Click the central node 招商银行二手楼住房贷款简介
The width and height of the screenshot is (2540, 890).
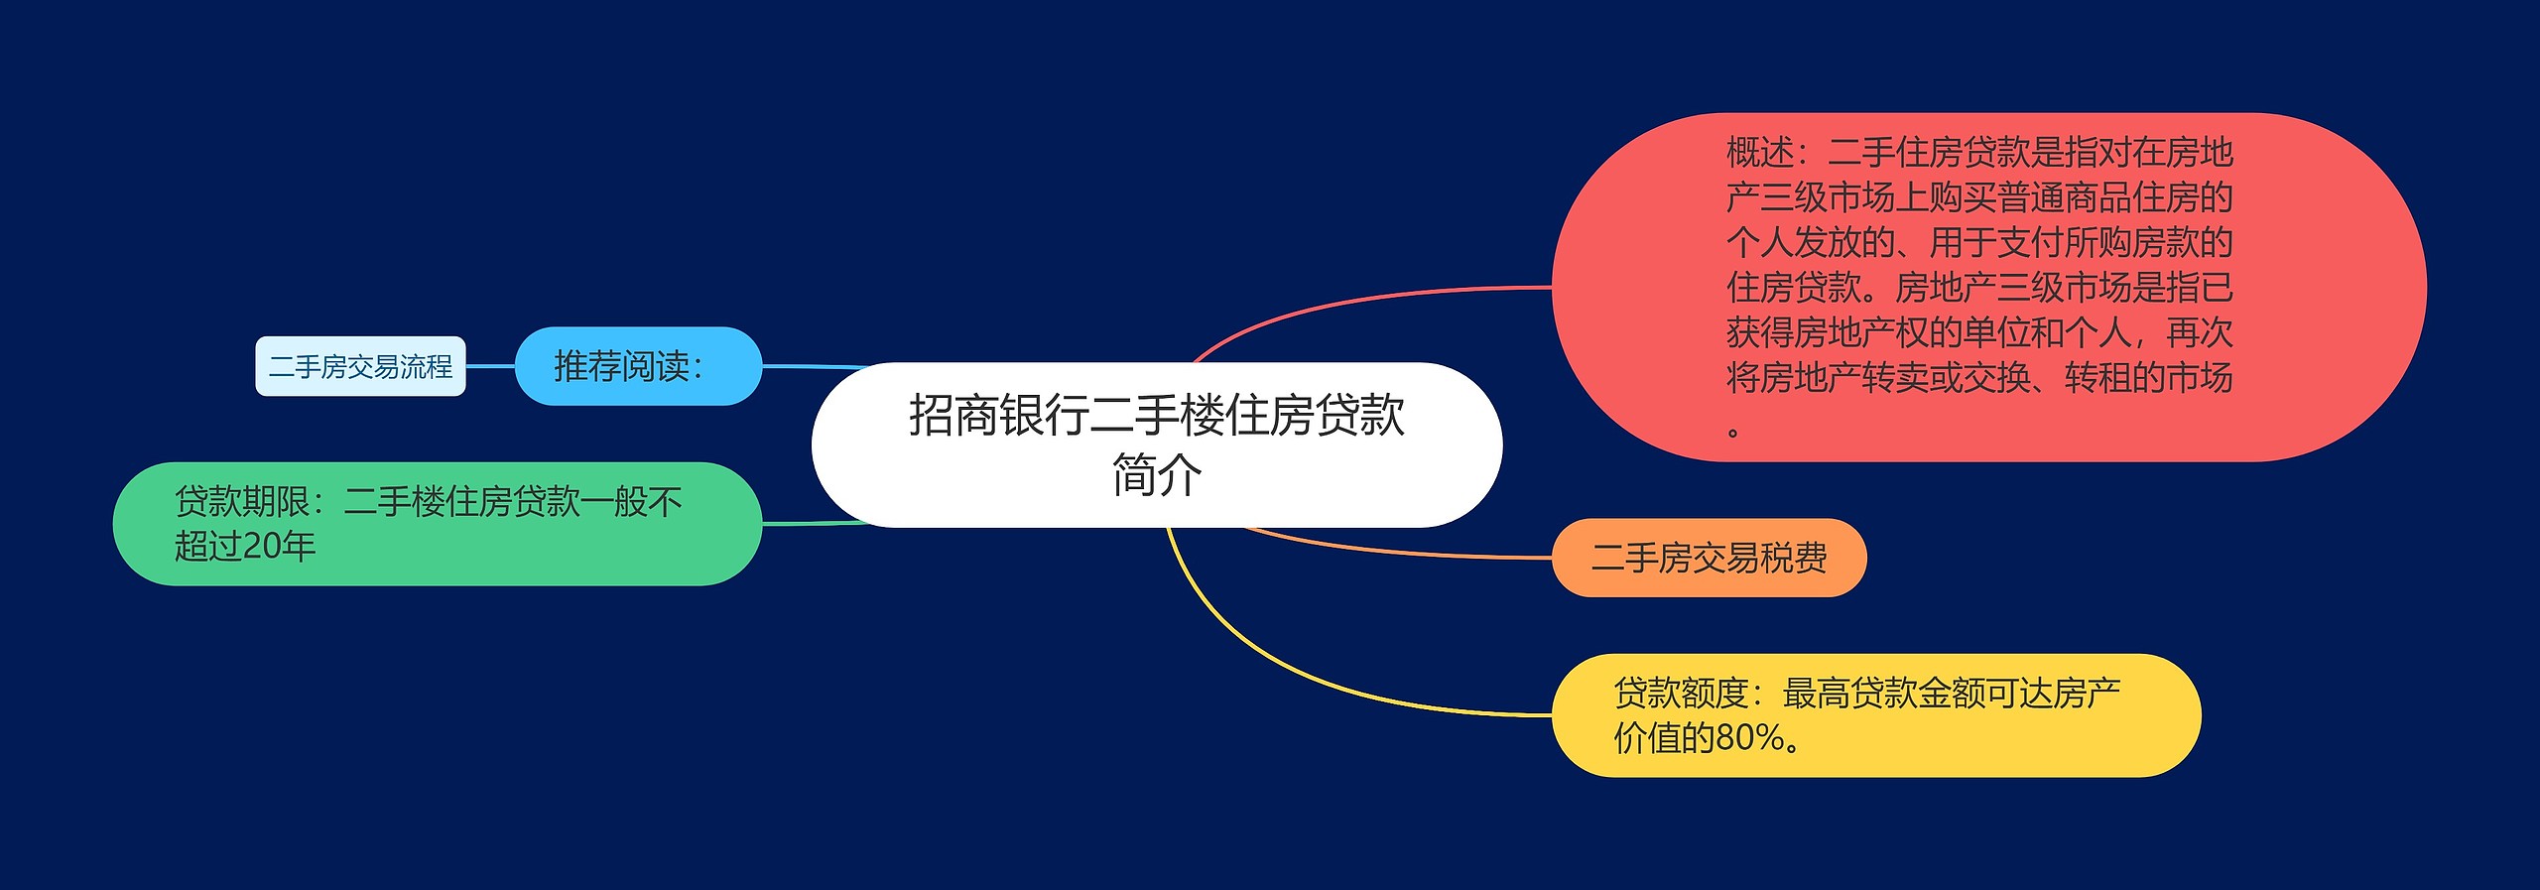[1157, 445]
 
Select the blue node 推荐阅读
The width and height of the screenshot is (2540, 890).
[638, 366]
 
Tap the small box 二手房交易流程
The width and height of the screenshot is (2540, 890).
[360, 366]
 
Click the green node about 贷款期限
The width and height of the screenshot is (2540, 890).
[438, 524]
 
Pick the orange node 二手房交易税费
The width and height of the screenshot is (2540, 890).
[1709, 558]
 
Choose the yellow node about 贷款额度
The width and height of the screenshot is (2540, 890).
[1876, 715]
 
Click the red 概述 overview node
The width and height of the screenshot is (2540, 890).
[1988, 287]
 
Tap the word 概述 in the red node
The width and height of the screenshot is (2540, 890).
[1760, 153]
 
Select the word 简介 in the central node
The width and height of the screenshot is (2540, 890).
[1157, 474]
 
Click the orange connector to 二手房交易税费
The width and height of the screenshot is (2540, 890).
[1389, 552]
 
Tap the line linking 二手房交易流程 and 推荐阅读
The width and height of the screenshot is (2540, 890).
[490, 366]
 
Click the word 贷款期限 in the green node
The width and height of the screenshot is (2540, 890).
[242, 502]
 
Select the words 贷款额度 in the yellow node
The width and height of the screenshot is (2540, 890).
[1682, 694]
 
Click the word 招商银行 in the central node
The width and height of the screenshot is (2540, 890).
[999, 415]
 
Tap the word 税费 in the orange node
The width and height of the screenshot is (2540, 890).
[1794, 558]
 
